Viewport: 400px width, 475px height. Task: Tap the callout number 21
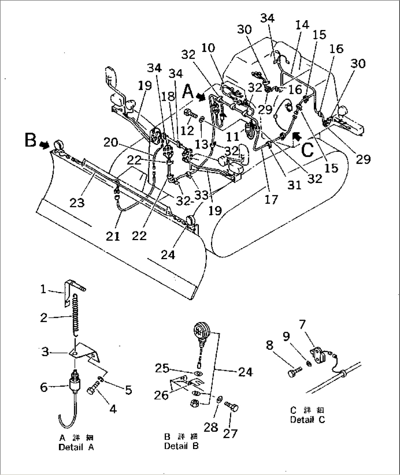[113, 236]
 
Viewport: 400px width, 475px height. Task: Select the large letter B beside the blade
[31, 140]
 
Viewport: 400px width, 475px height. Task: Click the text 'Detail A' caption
[76, 448]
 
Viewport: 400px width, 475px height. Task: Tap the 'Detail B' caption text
[181, 446]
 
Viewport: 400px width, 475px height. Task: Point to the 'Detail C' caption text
[308, 420]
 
